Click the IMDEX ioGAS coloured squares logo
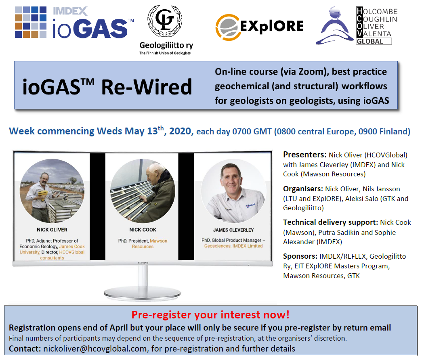click(x=30, y=22)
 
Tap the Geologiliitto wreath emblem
click(x=165, y=21)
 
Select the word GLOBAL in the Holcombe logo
click(x=370, y=42)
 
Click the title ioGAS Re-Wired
click(x=107, y=87)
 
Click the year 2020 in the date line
click(x=180, y=131)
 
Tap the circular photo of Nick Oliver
click(x=52, y=191)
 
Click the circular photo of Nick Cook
click(x=143, y=191)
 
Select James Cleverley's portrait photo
click(x=233, y=191)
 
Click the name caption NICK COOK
click(x=143, y=230)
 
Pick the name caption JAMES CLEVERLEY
click(x=233, y=230)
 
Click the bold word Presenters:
click(x=304, y=155)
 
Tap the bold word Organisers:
click(x=303, y=189)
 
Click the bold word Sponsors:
click(x=300, y=256)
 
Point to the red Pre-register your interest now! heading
click(x=210, y=315)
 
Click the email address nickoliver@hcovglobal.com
click(x=95, y=349)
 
